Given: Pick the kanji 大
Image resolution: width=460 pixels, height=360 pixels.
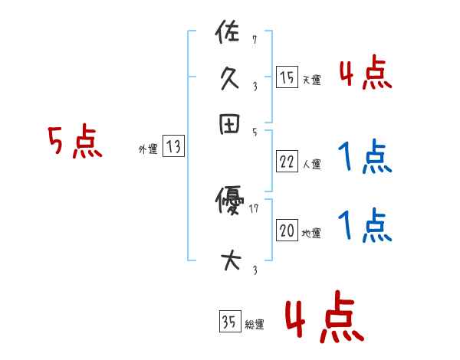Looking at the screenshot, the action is click(x=229, y=260).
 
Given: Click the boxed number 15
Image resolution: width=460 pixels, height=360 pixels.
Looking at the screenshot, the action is click(x=287, y=77).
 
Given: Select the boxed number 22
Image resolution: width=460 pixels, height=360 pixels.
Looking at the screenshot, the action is click(x=287, y=162).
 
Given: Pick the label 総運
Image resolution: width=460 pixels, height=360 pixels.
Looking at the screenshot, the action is click(x=255, y=325).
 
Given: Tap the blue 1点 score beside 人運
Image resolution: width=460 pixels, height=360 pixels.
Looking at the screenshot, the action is click(x=365, y=159).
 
